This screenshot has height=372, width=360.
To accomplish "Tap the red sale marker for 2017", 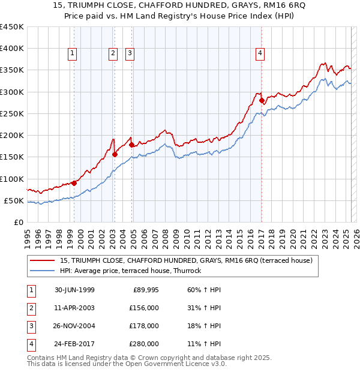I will pos(262,100).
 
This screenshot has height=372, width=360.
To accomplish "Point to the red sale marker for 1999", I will pos(74,183).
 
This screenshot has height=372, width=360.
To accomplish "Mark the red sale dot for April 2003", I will pos(115,154).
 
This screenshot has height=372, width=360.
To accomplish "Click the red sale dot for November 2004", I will pos(132,145).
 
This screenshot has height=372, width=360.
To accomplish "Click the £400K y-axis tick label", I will pos(12,49).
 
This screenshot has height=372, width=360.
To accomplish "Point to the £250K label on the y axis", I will pos(12,113).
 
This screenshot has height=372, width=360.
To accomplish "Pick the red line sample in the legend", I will pos(43,260).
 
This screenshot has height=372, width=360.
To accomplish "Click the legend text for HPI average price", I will pos(130,271).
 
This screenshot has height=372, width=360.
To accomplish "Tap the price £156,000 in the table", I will pos(145,308).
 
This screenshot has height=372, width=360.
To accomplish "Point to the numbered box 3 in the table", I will pos(29,326).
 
